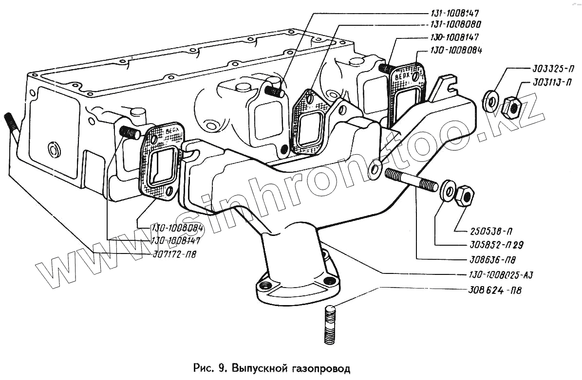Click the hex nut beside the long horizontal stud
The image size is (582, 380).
click(x=465, y=195)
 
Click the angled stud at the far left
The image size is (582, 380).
click(x=12, y=129)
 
